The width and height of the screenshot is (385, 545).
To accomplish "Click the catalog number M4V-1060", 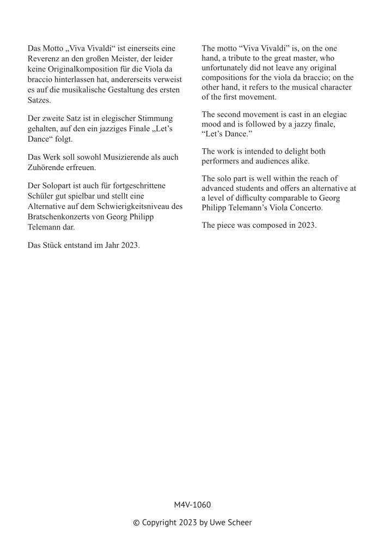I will [192, 505].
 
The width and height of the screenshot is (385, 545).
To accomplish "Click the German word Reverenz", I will [45, 59].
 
